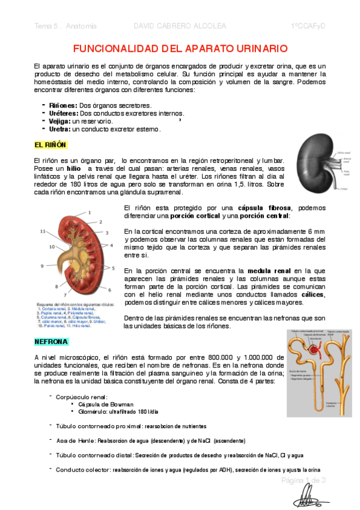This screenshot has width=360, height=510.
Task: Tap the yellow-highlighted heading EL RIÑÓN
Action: click(x=50, y=145)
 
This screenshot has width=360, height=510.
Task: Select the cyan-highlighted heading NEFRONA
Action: click(x=51, y=342)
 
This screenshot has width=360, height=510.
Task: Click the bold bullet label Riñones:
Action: click(x=63, y=105)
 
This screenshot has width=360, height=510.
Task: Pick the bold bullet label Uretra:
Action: click(x=59, y=129)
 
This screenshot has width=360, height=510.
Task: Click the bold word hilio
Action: click(x=73, y=169)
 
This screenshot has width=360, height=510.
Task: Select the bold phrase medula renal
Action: click(x=269, y=271)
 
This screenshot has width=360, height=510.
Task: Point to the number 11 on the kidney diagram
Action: click(x=43, y=231)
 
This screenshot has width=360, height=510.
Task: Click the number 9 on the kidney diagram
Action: click(x=42, y=265)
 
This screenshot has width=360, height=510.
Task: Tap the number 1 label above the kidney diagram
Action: click(x=90, y=212)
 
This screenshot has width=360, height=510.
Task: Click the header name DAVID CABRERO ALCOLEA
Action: click(x=179, y=26)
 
